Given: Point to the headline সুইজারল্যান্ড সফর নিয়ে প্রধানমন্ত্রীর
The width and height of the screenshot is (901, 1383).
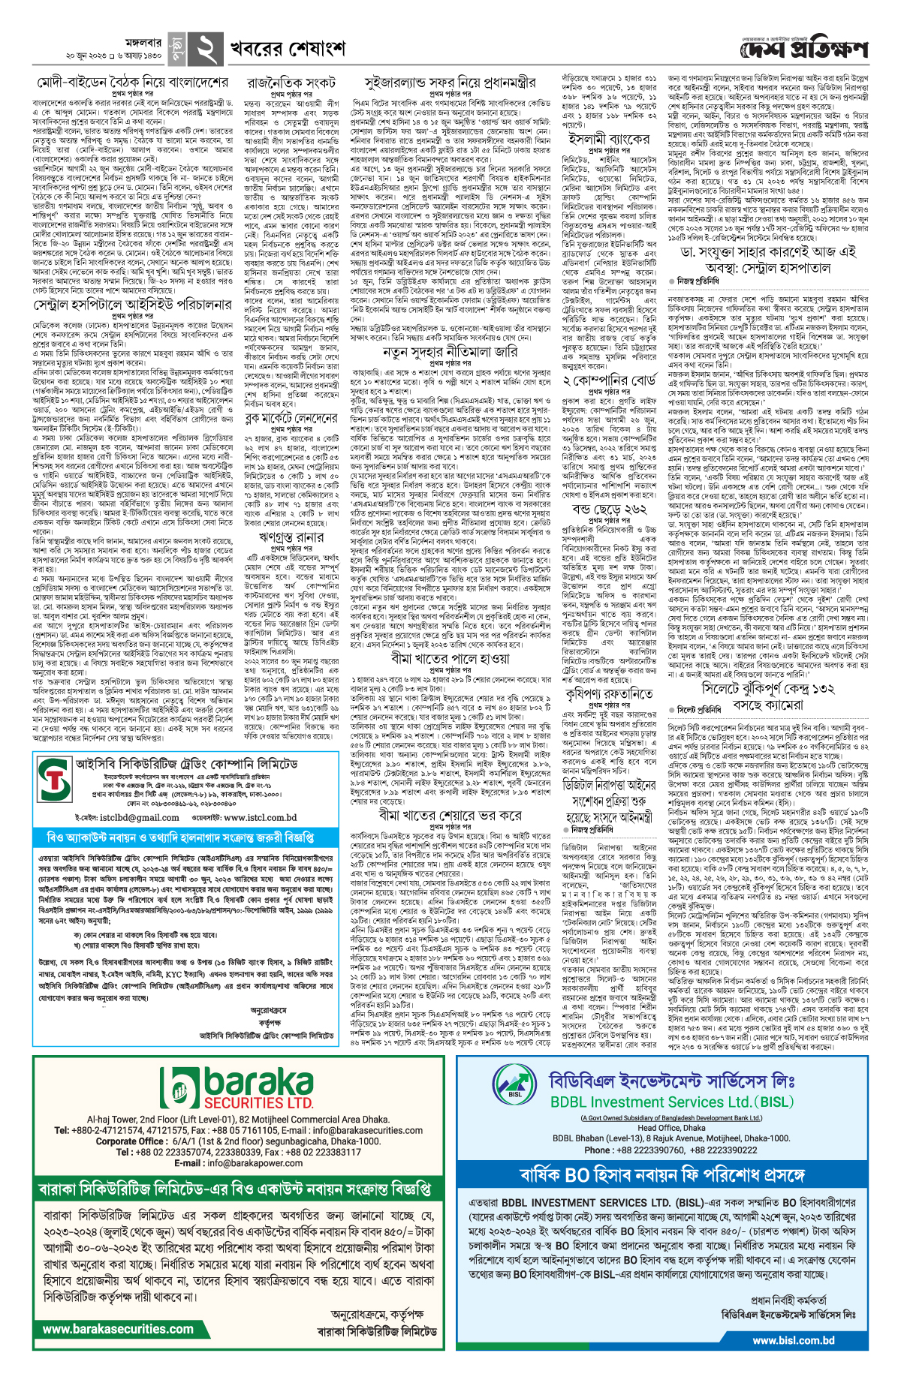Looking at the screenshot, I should point(450,82).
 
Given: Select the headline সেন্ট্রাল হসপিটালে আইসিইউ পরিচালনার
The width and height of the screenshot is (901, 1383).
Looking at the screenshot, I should point(132,305).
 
